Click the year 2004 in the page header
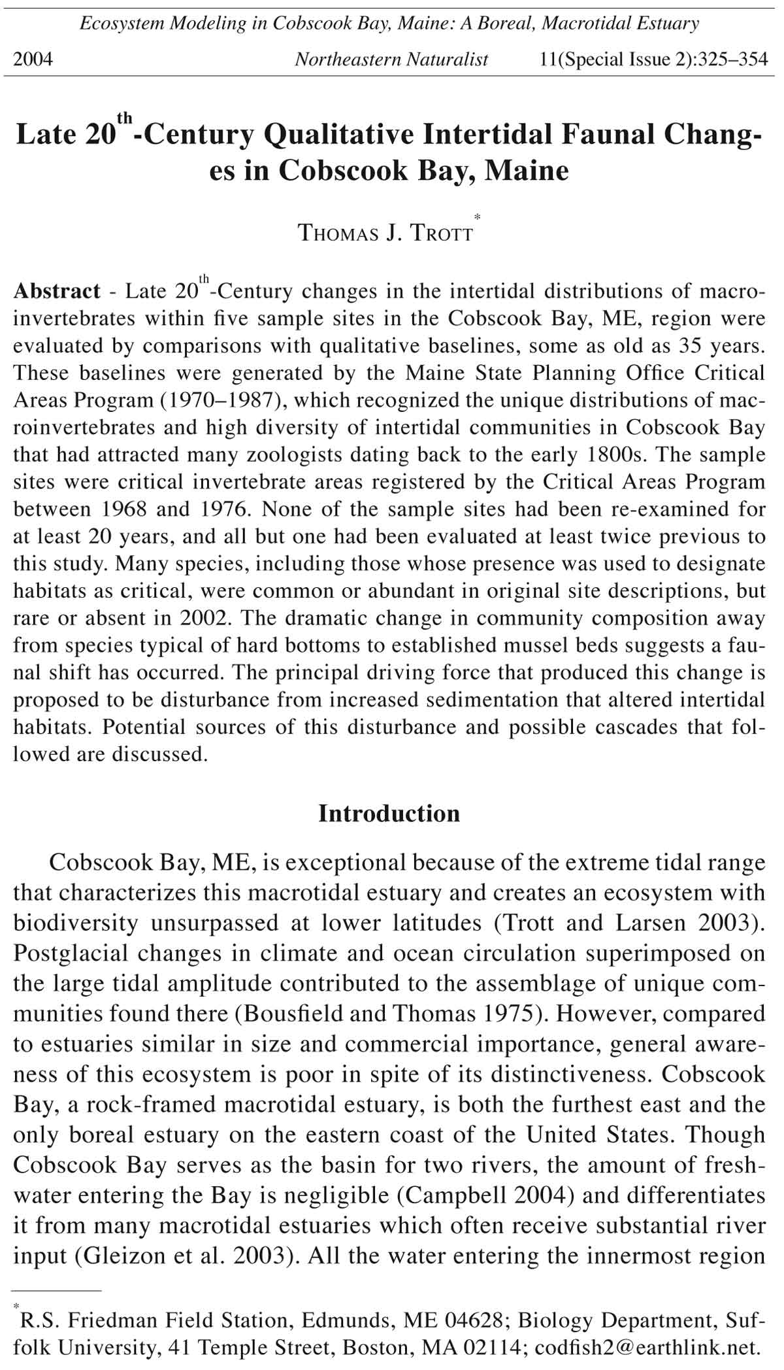[33, 60]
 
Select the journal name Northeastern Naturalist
[391, 60]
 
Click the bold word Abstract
[57, 291]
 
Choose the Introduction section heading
[389, 813]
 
